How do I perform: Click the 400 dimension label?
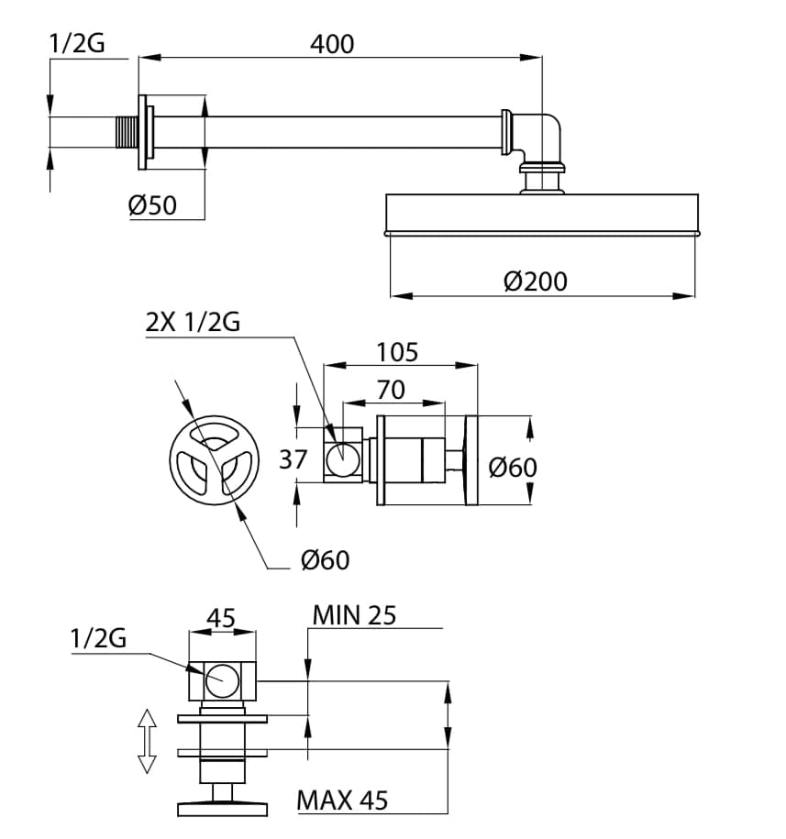click(332, 43)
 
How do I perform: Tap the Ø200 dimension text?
click(536, 281)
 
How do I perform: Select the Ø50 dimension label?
click(152, 206)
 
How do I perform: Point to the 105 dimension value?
click(397, 352)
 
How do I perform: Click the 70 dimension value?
click(391, 390)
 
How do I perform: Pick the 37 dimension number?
click(293, 458)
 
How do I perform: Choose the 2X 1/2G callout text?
click(193, 323)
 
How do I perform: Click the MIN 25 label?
click(354, 614)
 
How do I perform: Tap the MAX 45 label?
click(342, 800)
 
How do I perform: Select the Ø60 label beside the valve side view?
click(513, 467)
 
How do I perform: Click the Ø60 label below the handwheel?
click(325, 558)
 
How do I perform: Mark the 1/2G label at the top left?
click(75, 43)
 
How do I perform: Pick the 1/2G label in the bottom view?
click(96, 638)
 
